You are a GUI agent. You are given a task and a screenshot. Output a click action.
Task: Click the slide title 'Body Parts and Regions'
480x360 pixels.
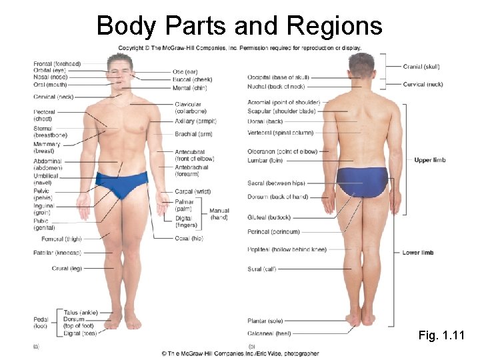coord(239,25)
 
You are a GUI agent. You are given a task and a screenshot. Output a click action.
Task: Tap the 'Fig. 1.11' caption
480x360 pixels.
coord(441,335)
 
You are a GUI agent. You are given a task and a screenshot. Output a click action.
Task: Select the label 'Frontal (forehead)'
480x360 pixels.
coord(57,64)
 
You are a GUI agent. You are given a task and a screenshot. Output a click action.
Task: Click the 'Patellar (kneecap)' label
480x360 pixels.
coord(57,253)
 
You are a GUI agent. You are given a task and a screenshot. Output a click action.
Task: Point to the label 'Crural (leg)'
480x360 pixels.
coord(67,269)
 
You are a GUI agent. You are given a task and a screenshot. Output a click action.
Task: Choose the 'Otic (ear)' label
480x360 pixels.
coord(185,71)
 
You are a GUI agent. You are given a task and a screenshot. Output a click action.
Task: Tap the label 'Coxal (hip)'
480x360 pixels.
coord(188,239)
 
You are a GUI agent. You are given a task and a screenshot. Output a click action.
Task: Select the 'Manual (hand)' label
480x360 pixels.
coord(219,214)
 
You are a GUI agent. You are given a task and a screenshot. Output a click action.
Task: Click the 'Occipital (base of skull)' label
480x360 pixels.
coord(278,78)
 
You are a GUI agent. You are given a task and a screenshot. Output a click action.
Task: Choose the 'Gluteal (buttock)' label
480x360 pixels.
coord(269,217)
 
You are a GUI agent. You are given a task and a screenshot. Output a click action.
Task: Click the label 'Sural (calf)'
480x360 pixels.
coord(261,269)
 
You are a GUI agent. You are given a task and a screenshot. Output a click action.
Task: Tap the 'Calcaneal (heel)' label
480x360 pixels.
coord(269,333)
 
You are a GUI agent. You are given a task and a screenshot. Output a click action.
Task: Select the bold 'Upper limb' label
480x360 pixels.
coord(429,160)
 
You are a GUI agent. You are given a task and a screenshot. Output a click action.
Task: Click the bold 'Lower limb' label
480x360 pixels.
coord(418,253)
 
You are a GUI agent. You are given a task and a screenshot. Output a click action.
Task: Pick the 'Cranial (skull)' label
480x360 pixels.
coord(421,67)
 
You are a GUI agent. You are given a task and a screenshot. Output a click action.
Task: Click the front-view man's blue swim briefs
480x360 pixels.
coord(122,184)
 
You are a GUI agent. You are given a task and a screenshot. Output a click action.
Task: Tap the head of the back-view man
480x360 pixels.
coord(361,65)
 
